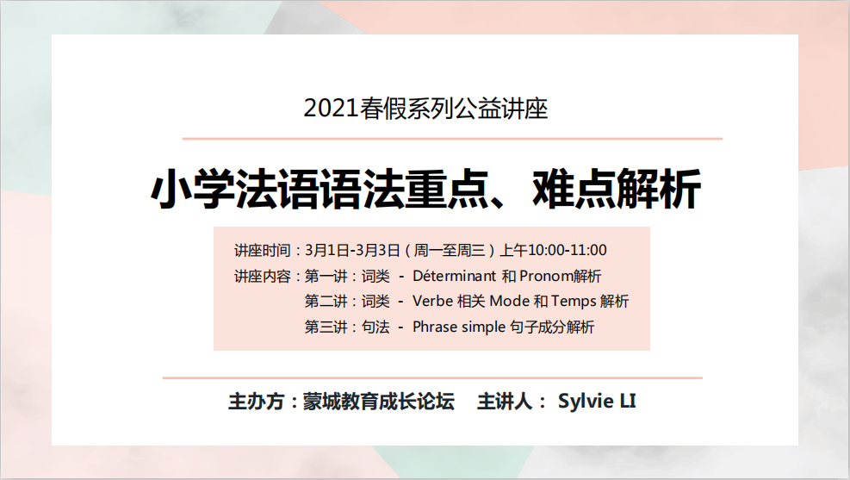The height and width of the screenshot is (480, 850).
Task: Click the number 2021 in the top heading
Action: point(332,109)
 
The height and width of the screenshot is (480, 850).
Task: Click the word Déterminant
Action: point(454,276)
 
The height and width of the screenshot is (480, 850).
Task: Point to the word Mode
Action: point(510,301)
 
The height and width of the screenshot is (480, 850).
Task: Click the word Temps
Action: point(574,302)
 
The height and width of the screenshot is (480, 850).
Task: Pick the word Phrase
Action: point(435,327)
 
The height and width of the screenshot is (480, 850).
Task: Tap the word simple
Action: point(483,327)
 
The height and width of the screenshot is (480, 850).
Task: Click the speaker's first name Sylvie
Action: point(586,402)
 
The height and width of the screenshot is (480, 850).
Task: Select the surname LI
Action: point(628,401)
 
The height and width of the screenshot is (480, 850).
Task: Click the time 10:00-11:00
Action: point(567,250)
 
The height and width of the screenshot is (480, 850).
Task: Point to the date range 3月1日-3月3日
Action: point(352,250)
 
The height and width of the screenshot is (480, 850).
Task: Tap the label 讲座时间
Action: point(263,250)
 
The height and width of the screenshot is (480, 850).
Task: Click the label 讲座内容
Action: point(263,276)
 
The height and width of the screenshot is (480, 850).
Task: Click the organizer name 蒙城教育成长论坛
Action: point(378,402)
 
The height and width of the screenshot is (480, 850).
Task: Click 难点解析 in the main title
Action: point(617,189)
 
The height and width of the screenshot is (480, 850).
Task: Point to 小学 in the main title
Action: point(192,189)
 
